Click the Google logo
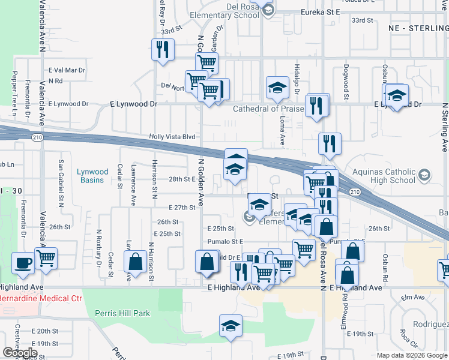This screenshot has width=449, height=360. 20,353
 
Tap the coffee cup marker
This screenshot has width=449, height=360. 23,263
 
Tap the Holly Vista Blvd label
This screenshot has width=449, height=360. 172,137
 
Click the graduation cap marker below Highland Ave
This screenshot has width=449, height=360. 231,326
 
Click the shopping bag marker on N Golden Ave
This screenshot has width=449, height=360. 206,262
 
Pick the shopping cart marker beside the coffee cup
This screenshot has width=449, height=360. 46,259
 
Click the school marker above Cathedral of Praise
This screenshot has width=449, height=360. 278,88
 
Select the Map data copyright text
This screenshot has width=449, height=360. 412,355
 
